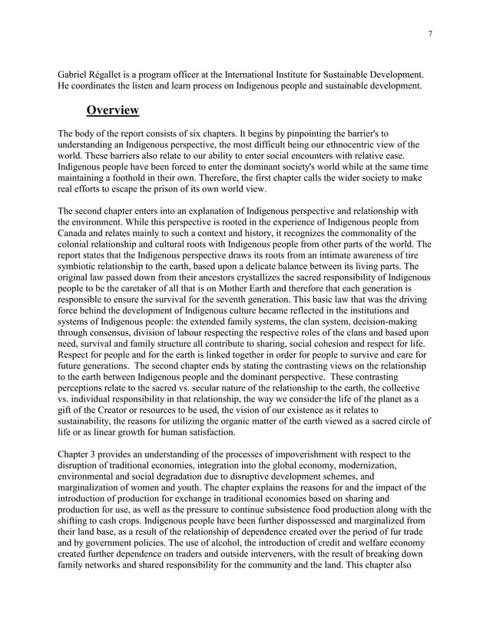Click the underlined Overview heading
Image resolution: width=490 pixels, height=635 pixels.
point(112,111)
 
